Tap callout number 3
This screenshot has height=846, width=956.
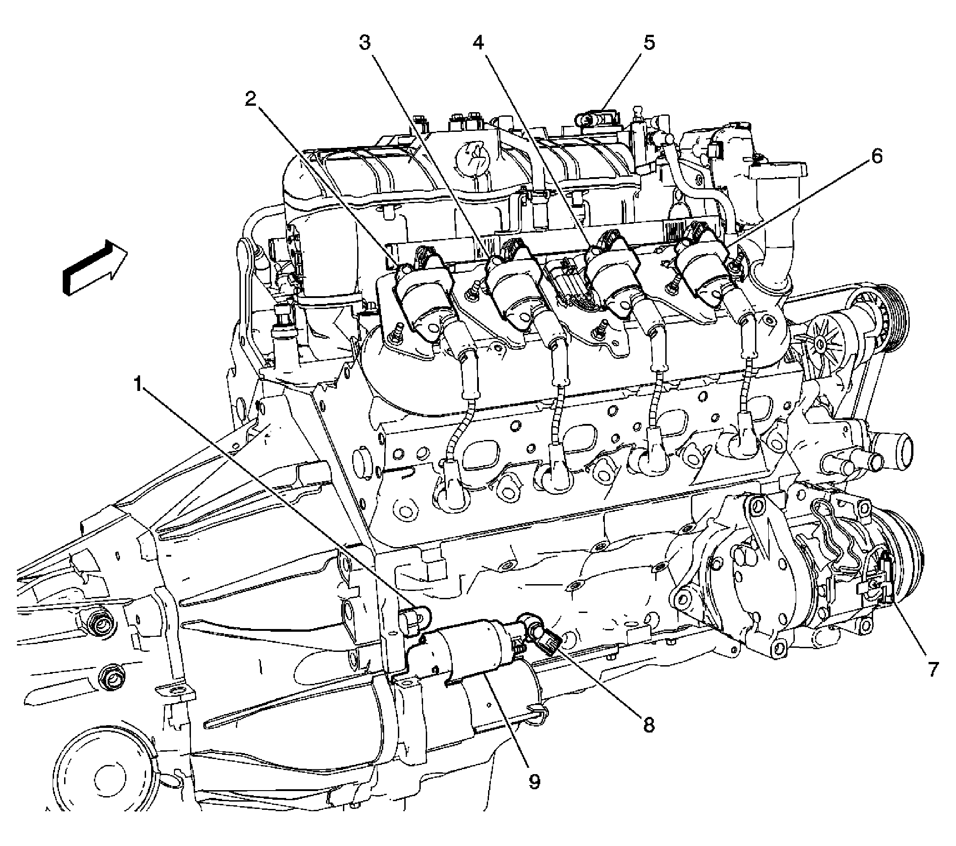364,43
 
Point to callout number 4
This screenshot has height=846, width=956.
478,43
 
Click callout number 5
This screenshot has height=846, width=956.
649,43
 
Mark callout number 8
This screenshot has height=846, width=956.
648,725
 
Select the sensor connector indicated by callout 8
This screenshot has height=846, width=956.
545,640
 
